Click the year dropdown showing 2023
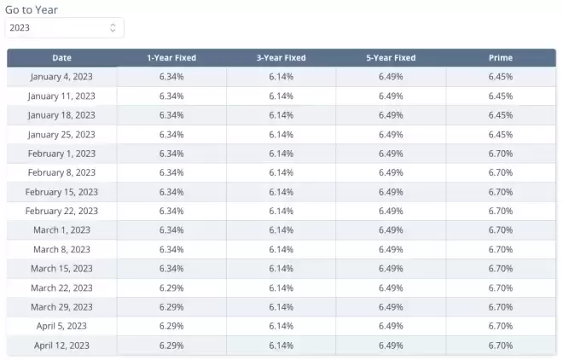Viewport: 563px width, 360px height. [65, 27]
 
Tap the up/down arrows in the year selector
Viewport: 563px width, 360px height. [113, 27]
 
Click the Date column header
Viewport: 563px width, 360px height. [61, 58]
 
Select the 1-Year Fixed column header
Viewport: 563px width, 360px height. [171, 58]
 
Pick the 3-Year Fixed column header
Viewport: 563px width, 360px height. [281, 58]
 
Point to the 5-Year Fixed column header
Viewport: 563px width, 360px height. [391, 58]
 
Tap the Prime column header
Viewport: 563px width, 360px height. [501, 58]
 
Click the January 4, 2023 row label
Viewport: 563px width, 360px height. [61, 77]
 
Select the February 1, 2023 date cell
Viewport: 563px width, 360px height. [61, 154]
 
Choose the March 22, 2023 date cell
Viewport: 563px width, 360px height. [61, 287]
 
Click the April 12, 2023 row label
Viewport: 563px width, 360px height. [61, 345]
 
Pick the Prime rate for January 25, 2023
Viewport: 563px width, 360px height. [501, 135]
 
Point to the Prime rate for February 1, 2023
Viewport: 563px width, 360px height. [501, 154]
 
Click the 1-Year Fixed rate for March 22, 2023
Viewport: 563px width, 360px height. [171, 287]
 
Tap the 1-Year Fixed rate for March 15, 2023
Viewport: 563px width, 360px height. [171, 269]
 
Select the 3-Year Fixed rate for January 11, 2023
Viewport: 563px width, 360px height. [281, 96]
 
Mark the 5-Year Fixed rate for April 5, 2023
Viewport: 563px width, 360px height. [391, 326]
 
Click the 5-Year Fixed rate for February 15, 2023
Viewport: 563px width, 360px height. [391, 192]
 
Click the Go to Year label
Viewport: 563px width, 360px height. [32, 9]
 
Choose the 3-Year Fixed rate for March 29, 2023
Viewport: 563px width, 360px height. [281, 307]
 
